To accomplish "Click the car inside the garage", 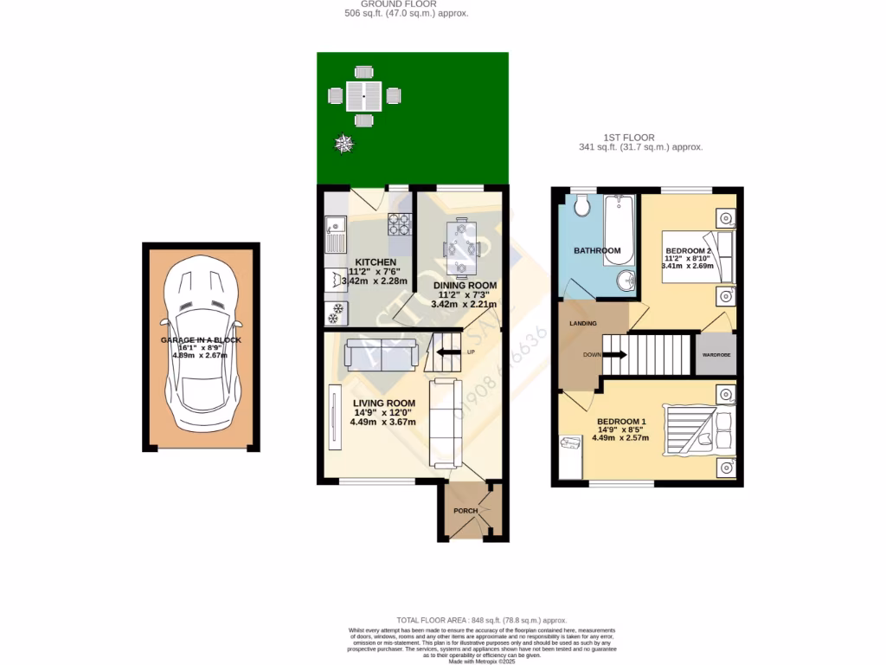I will [201, 346].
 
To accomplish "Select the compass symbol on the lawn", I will [345, 144].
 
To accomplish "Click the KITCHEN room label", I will [376, 262].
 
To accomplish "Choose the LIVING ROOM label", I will [383, 404].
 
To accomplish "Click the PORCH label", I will [466, 511].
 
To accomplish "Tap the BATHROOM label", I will [597, 251].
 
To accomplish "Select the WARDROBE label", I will [716, 355].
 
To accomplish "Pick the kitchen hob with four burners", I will [399, 224].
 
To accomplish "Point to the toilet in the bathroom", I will [581, 204].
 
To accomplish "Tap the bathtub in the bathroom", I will [619, 223].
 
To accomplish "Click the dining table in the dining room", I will [459, 248].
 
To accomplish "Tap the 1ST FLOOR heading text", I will [628, 137].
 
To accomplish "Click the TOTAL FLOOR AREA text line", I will [481, 620].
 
